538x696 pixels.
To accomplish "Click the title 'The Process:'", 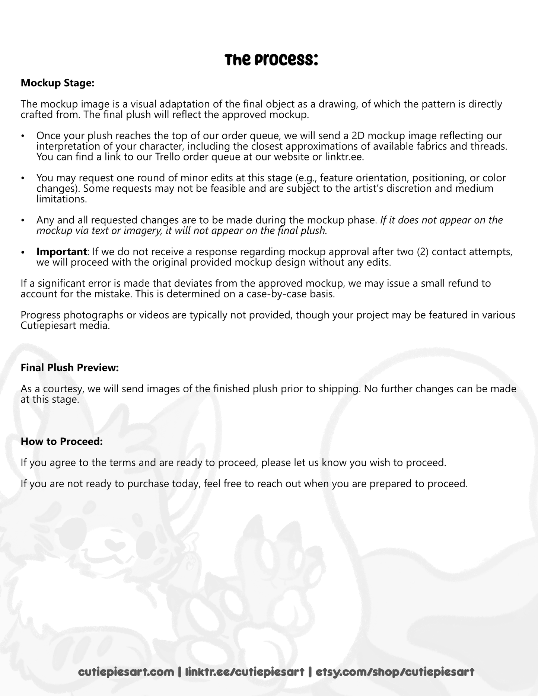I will tap(271, 60).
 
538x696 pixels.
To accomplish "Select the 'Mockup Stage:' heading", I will tap(58, 83).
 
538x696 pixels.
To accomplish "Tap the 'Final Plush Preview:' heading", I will tap(70, 368).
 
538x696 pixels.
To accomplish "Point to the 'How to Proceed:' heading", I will tap(61, 441).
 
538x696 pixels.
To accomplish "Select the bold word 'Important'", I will tap(61, 252).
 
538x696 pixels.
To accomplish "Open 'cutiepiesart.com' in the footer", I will tap(126, 672).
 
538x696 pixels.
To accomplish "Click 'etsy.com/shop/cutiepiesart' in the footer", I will tap(395, 672).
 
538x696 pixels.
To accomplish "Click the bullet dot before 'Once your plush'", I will tap(23, 136).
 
